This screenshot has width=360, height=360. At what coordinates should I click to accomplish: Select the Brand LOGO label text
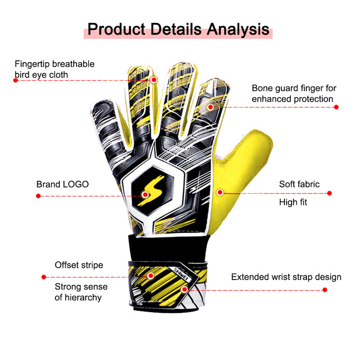tap(63, 184)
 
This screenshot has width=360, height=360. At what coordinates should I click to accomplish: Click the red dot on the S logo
tap(145, 195)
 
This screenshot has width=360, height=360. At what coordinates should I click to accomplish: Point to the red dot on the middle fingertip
tap(154, 80)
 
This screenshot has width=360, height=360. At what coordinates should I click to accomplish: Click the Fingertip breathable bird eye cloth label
tap(54, 69)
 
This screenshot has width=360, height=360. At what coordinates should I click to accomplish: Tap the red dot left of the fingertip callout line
tap(15, 80)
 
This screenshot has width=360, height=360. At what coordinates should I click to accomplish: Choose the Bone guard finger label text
tap(294, 94)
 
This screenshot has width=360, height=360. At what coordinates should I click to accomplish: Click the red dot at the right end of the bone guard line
tap(336, 107)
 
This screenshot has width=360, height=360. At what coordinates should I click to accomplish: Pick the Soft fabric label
tap(299, 184)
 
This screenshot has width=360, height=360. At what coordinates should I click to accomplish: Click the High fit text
tap(293, 202)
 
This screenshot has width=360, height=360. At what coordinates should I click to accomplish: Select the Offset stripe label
tap(79, 265)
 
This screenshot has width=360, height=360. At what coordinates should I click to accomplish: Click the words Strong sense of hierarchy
tap(81, 292)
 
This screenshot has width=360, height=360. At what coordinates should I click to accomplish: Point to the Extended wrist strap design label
tap(286, 277)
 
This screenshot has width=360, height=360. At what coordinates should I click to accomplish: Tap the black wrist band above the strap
tap(171, 247)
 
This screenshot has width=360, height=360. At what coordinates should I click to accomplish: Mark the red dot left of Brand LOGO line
tap(38, 196)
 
